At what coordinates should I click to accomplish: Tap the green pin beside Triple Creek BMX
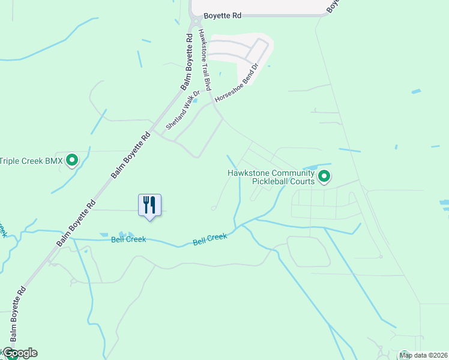pos(73,160)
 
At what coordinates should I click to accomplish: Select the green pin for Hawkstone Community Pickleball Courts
pos(324,176)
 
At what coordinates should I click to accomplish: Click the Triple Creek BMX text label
pos(31,161)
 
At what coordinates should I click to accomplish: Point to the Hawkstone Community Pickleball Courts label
pos(271,177)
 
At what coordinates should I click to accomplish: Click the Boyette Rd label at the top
pos(222,16)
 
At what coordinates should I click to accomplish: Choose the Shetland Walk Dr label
pos(182,111)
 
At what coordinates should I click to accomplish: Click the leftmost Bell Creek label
pos(128,239)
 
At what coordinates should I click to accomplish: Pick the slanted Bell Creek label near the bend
pos(210,239)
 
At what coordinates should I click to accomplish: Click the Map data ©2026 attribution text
pos(424,355)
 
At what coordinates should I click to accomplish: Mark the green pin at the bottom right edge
pos(404,356)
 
